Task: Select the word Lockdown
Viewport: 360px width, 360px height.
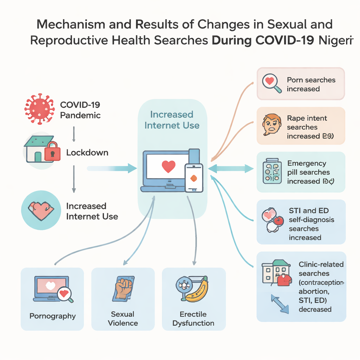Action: click(87, 153)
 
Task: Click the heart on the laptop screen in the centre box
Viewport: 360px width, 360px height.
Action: click(168, 166)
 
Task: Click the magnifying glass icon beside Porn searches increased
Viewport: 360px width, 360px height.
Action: click(272, 83)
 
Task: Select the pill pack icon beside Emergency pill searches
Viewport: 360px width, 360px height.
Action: click(272, 171)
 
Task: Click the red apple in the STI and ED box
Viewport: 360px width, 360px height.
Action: click(278, 221)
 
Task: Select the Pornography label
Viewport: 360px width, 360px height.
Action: click(52, 316)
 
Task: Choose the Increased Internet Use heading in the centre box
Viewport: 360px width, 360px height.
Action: click(172, 120)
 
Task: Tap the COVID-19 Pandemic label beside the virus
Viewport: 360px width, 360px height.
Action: click(80, 110)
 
